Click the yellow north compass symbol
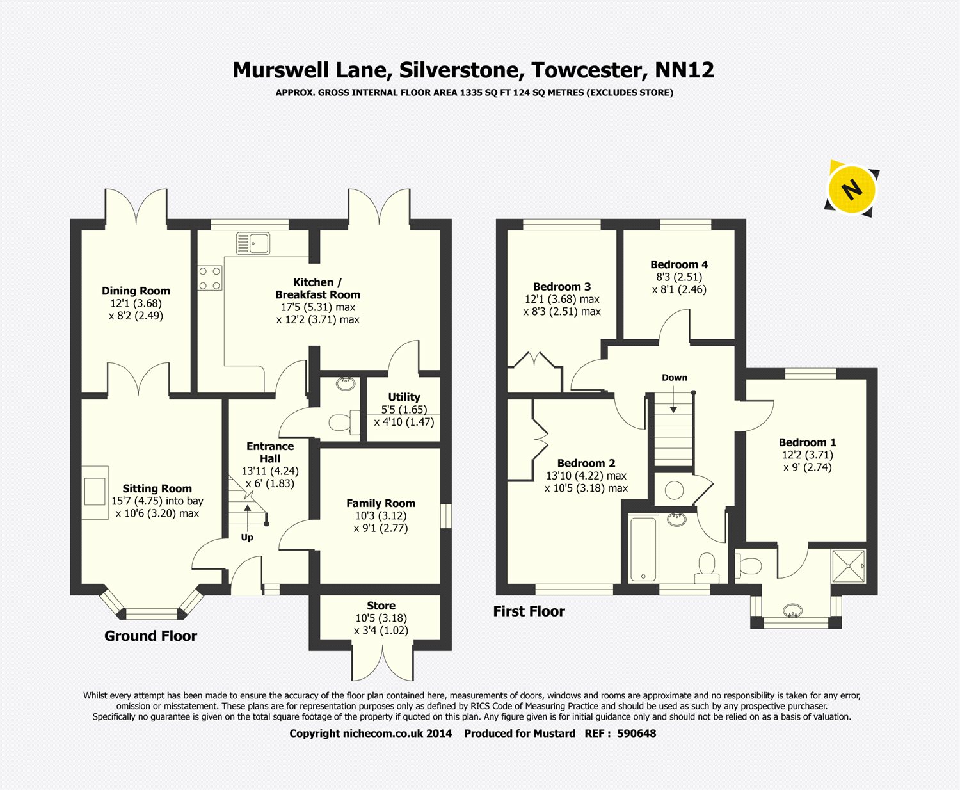pos(851,189)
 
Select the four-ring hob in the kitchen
pos(210,278)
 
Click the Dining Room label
pos(136,291)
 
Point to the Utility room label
pos(404,397)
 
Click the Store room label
pos(381,606)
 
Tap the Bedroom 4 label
pos(679,264)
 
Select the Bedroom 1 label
pos(807,442)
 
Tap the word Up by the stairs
pos(247,538)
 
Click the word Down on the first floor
pos(675,378)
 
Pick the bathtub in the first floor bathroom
pos(643,549)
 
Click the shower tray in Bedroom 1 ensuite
pos(849,565)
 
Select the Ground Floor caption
pos(150,636)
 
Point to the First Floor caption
pos(529,611)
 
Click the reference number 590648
pos(636,734)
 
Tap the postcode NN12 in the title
pos(684,70)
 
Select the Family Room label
pos(381,504)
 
